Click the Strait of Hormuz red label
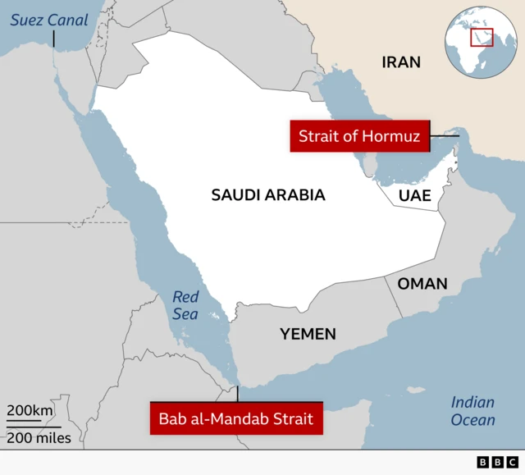click(x=359, y=136)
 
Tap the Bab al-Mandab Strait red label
click(x=235, y=419)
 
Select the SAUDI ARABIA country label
click(x=268, y=195)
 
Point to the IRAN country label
click(x=401, y=62)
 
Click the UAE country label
click(x=414, y=195)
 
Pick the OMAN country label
click(x=422, y=284)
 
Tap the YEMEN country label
click(x=308, y=334)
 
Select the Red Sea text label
click(x=185, y=305)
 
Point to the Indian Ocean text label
click(x=473, y=411)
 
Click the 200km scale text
click(x=30, y=410)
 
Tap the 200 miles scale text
click(x=39, y=438)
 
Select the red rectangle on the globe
click(x=482, y=38)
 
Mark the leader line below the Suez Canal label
click(x=54, y=38)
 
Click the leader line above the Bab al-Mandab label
click(x=238, y=393)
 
